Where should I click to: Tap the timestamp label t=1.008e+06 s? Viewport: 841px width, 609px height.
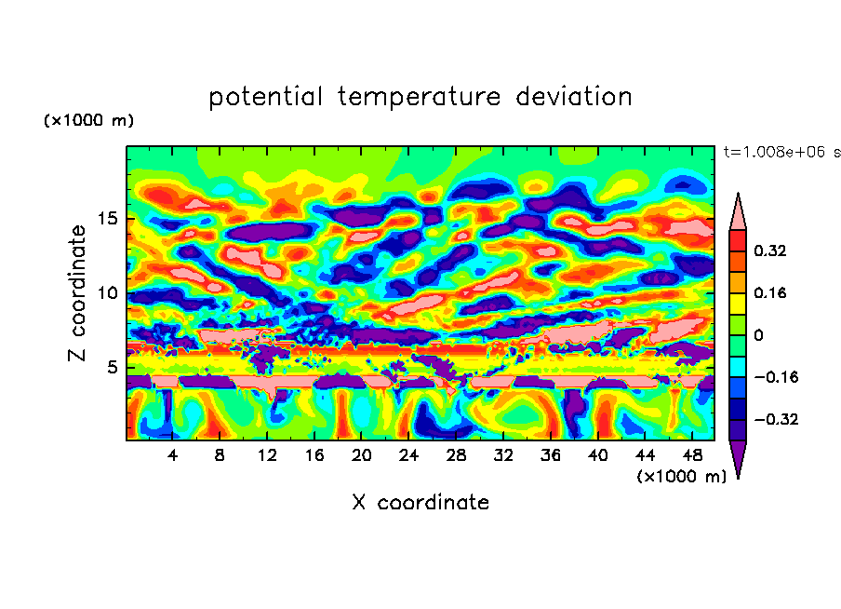pyautogui.click(x=781, y=152)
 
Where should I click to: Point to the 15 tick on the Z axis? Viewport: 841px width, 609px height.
pyautogui.click(x=111, y=220)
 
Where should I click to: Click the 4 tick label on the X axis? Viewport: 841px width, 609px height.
pyautogui.click(x=173, y=455)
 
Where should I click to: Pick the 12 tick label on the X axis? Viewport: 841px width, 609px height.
pyautogui.click(x=267, y=455)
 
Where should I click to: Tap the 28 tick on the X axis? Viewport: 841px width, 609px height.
pyautogui.click(x=456, y=455)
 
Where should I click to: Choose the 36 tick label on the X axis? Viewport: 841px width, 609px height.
pyautogui.click(x=551, y=455)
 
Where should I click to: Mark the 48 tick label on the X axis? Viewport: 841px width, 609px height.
pyautogui.click(x=692, y=455)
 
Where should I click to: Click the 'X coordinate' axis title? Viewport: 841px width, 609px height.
pyautogui.click(x=420, y=503)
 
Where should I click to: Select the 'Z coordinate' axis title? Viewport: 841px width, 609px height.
pyautogui.click(x=78, y=293)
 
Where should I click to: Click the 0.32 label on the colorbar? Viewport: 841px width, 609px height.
pyautogui.click(x=771, y=250)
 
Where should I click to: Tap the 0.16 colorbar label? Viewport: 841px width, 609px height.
pyautogui.click(x=771, y=292)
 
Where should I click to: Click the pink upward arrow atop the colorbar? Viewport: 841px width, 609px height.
pyautogui.click(x=737, y=210)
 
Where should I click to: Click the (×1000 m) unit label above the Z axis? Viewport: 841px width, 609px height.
pyautogui.click(x=89, y=121)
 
